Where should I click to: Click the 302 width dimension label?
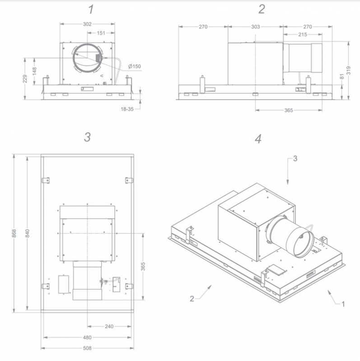coord(88,24)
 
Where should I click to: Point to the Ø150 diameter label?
coord(134,67)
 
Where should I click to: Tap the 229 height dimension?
coord(26,79)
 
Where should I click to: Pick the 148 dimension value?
coord(35,71)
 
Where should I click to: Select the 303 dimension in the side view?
coord(256,27)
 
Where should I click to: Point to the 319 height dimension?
coord(349,71)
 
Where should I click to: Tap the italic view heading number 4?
coord(258,139)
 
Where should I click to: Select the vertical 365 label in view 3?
coord(143,267)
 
